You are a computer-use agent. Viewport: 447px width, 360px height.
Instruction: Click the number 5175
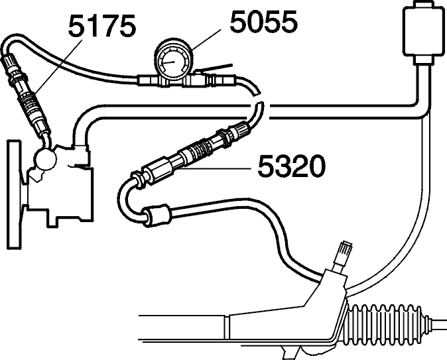tap(101, 26)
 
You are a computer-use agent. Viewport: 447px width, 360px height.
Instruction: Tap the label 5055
tap(264, 21)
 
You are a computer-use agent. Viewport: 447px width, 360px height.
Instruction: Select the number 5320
tap(291, 166)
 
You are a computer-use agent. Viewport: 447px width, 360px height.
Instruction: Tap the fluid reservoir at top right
tap(423, 32)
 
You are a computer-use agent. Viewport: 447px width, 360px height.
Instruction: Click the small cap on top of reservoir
tap(423, 5)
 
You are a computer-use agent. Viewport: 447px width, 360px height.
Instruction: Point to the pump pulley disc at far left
tap(14, 195)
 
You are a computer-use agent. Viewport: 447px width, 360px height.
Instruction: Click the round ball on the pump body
tap(46, 160)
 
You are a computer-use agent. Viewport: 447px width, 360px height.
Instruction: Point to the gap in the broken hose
tap(257, 97)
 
